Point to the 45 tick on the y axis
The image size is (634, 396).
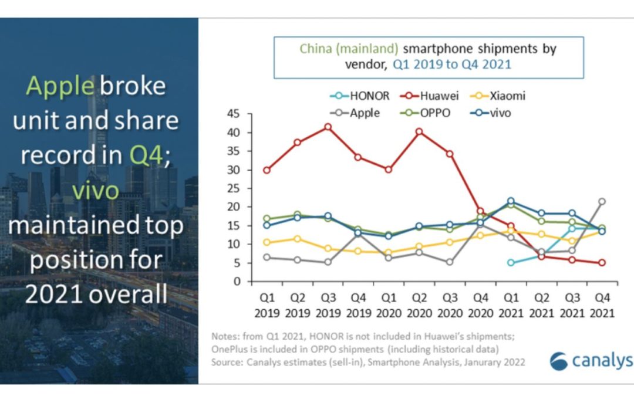[234, 114]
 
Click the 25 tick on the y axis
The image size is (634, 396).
[234, 188]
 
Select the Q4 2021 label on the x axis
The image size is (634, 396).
[601, 306]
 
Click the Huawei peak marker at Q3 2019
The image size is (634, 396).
[328, 127]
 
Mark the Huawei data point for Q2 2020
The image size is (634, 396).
[419, 132]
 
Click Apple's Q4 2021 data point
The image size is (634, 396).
[601, 201]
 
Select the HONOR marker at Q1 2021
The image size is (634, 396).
[511, 262]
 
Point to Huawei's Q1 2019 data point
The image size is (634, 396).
[267, 170]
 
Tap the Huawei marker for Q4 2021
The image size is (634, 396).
[601, 263]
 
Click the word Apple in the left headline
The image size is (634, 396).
[60, 86]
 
